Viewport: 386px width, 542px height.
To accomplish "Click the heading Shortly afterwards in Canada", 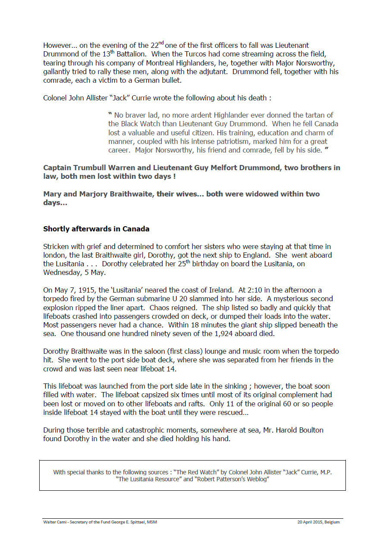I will [96, 229].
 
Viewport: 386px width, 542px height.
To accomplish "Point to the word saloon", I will [141, 351].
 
